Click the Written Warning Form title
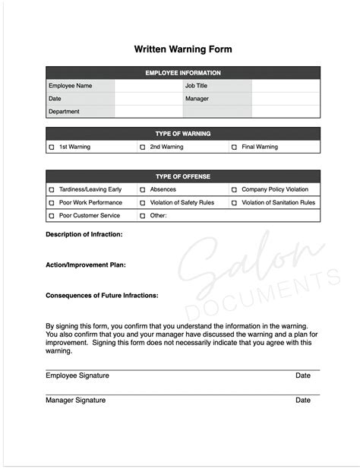(x=183, y=49)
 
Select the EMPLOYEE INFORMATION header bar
(x=183, y=73)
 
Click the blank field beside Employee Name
(x=148, y=86)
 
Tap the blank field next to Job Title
(x=286, y=86)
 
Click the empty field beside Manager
(x=286, y=99)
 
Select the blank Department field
(x=148, y=112)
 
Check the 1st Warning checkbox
(x=52, y=147)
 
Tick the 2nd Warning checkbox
(x=142, y=147)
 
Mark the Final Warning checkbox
(x=234, y=147)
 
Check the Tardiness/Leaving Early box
(x=52, y=190)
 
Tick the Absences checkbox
(x=142, y=190)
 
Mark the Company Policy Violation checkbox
(x=234, y=190)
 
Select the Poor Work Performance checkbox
(x=52, y=203)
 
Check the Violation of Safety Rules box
(x=142, y=203)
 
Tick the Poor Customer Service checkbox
(x=52, y=216)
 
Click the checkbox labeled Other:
(x=142, y=216)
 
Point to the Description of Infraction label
(x=84, y=235)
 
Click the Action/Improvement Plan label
(x=86, y=265)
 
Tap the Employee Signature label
(x=77, y=376)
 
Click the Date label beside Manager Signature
(x=303, y=401)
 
